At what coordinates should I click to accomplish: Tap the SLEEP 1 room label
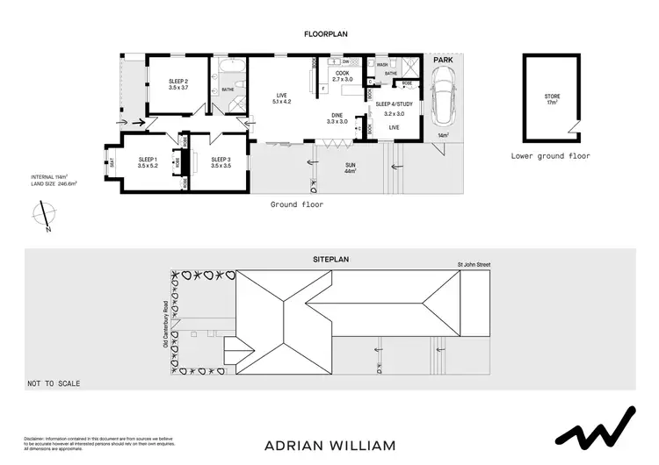[x=147, y=162]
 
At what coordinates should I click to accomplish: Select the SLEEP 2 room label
[x=178, y=85]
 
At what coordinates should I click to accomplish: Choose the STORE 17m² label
[x=552, y=98]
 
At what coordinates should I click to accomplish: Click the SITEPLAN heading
[x=330, y=261]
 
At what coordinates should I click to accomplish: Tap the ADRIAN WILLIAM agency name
[x=329, y=445]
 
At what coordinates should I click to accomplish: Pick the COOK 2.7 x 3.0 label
[x=342, y=76]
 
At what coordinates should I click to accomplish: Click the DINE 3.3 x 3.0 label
[x=337, y=118]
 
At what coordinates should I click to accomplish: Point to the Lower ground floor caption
[x=550, y=156]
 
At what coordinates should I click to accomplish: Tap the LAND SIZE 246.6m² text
[x=54, y=184]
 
